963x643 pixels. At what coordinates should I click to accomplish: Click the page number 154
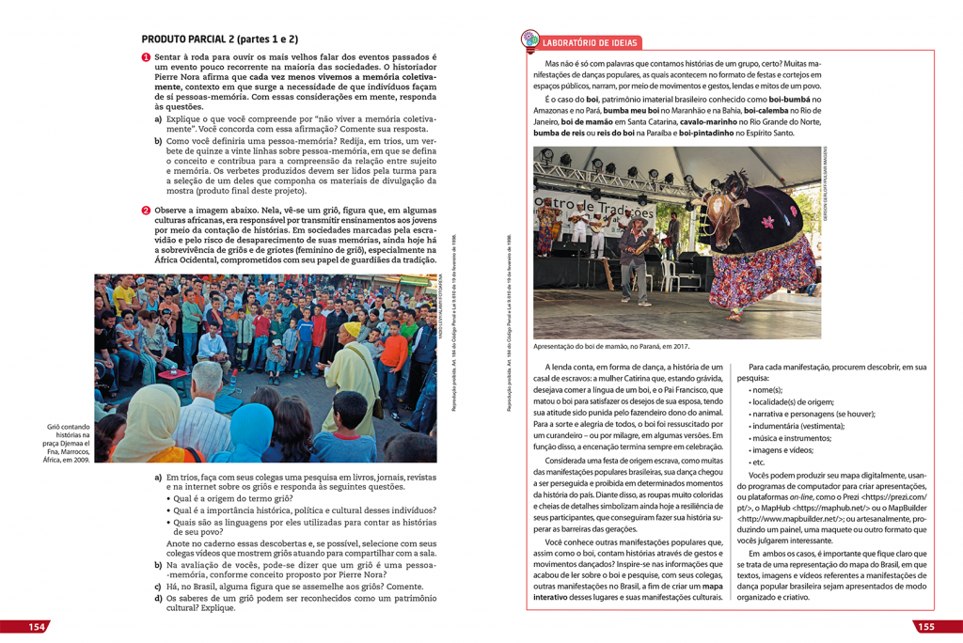click(37, 627)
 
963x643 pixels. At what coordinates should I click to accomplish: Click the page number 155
click(924, 627)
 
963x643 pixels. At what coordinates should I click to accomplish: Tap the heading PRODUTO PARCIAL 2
click(219, 39)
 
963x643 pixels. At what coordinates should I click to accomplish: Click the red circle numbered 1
click(146, 58)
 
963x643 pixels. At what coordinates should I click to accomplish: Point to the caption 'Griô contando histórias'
click(66, 444)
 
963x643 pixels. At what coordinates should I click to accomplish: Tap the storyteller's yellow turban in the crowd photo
click(351, 329)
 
